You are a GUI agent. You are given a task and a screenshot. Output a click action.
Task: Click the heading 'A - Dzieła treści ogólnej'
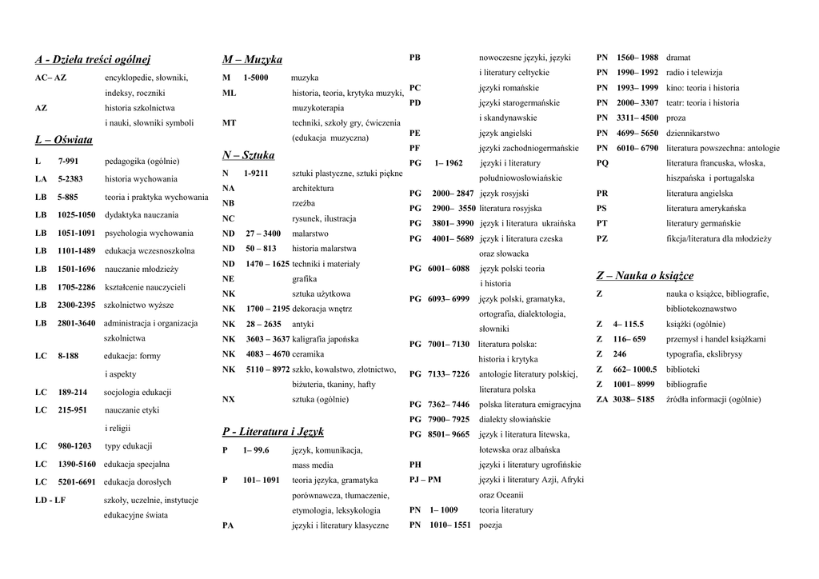tap(93, 59)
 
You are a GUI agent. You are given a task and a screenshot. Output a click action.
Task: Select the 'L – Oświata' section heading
tap(64, 140)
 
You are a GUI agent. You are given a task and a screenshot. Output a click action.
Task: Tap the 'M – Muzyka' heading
tap(252, 59)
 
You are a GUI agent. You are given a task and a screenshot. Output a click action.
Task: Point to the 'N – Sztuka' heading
tap(248, 154)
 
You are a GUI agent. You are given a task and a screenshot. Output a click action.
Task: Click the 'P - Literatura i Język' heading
tap(273, 432)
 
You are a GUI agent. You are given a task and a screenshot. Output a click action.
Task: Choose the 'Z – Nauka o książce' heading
tap(645, 276)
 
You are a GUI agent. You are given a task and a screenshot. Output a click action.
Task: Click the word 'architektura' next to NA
tap(313, 188)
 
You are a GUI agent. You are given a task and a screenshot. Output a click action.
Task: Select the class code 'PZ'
tap(602, 238)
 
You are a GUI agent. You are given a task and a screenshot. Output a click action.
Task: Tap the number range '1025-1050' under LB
tap(76, 215)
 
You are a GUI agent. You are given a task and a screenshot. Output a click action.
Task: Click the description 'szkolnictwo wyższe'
tap(139, 305)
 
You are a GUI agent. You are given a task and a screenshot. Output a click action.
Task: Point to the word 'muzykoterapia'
tap(318, 107)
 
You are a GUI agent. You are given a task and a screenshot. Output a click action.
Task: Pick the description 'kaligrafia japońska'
tap(326, 339)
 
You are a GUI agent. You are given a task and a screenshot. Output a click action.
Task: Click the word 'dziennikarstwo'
tap(693, 133)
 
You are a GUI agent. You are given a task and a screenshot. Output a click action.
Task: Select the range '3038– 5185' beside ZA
tap(633, 399)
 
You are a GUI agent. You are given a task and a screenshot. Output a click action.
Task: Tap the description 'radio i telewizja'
tap(693, 73)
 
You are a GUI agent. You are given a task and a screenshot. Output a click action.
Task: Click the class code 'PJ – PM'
tap(425, 479)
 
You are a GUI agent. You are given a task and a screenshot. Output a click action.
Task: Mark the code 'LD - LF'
tap(50, 500)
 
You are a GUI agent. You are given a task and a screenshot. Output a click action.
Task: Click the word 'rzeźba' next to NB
tap(304, 203)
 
